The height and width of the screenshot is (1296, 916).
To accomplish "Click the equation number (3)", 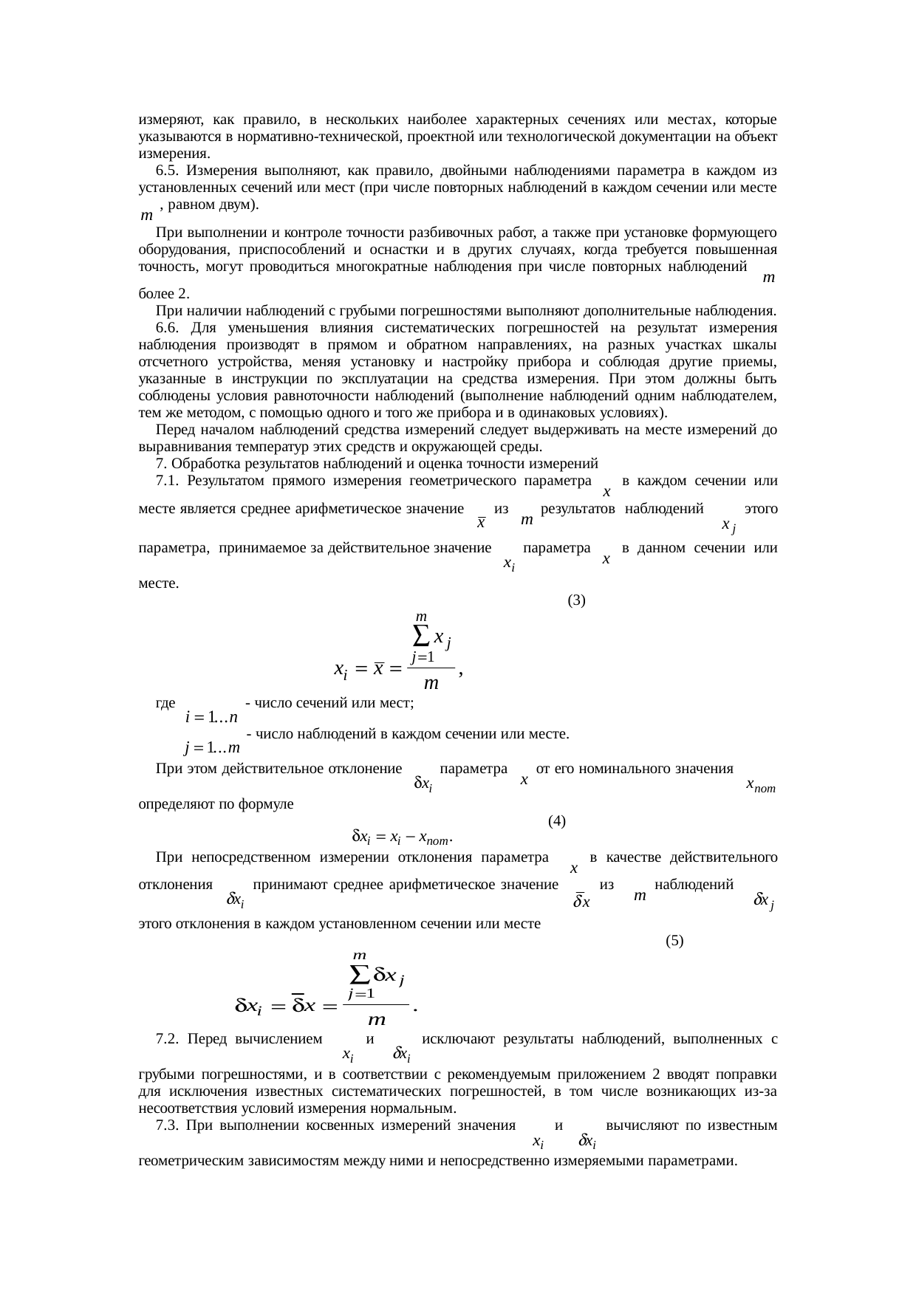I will pyautogui.click(x=576, y=600).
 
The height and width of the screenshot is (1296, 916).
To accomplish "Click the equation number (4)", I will pyautogui.click(x=557, y=820).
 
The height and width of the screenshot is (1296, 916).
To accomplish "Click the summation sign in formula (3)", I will pyautogui.click(x=420, y=636).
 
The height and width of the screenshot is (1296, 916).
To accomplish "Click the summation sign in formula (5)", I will pyautogui.click(x=360, y=976).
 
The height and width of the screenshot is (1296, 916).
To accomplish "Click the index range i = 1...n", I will pyautogui.click(x=211, y=716).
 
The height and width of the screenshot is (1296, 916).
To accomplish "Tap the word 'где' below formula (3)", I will pyautogui.click(x=165, y=703).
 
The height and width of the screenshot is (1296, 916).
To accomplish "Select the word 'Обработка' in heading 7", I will pyautogui.click(x=199, y=464).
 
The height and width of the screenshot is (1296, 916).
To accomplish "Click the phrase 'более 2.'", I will pyautogui.click(x=159, y=294).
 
